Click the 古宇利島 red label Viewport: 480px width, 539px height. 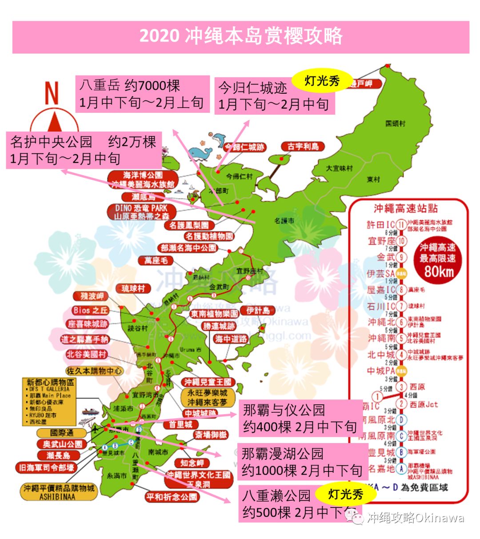(x=303, y=147)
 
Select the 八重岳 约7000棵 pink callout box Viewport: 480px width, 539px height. (x=142, y=94)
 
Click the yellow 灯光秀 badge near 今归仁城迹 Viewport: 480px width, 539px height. (x=321, y=80)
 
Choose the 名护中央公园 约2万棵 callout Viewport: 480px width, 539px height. (x=84, y=150)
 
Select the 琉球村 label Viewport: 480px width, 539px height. (x=133, y=289)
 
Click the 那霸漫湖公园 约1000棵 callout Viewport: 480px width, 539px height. (x=302, y=462)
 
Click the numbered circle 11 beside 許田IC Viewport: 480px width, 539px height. (x=401, y=225)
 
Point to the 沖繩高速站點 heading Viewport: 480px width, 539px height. (x=405, y=208)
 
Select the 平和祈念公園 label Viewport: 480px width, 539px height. (x=171, y=497)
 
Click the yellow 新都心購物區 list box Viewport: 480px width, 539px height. (x=49, y=402)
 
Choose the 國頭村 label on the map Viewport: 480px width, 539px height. (x=395, y=123)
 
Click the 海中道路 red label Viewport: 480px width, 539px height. (x=231, y=339)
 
